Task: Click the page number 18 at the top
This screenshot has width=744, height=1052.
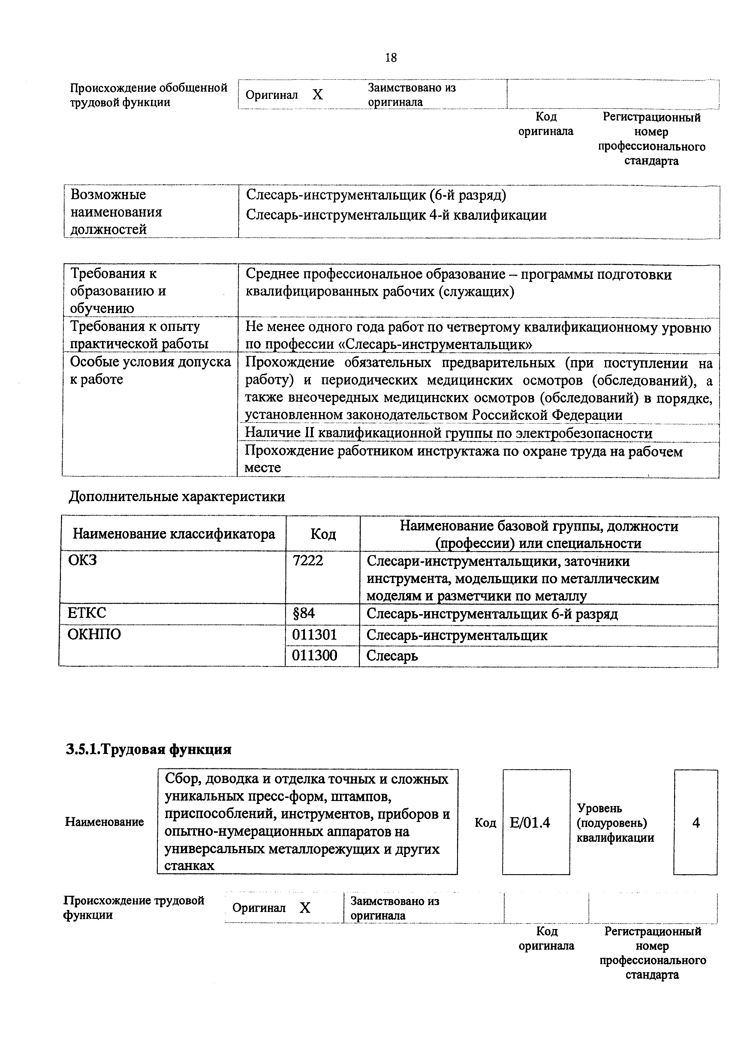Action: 390,58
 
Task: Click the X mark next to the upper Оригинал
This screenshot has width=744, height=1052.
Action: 317,95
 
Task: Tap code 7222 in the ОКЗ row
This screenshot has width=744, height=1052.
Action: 308,560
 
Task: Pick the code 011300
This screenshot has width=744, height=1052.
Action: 315,655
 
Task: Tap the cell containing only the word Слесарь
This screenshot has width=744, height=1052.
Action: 392,656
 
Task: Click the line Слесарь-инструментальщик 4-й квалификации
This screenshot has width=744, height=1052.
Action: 396,215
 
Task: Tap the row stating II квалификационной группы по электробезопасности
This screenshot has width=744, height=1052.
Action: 448,433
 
